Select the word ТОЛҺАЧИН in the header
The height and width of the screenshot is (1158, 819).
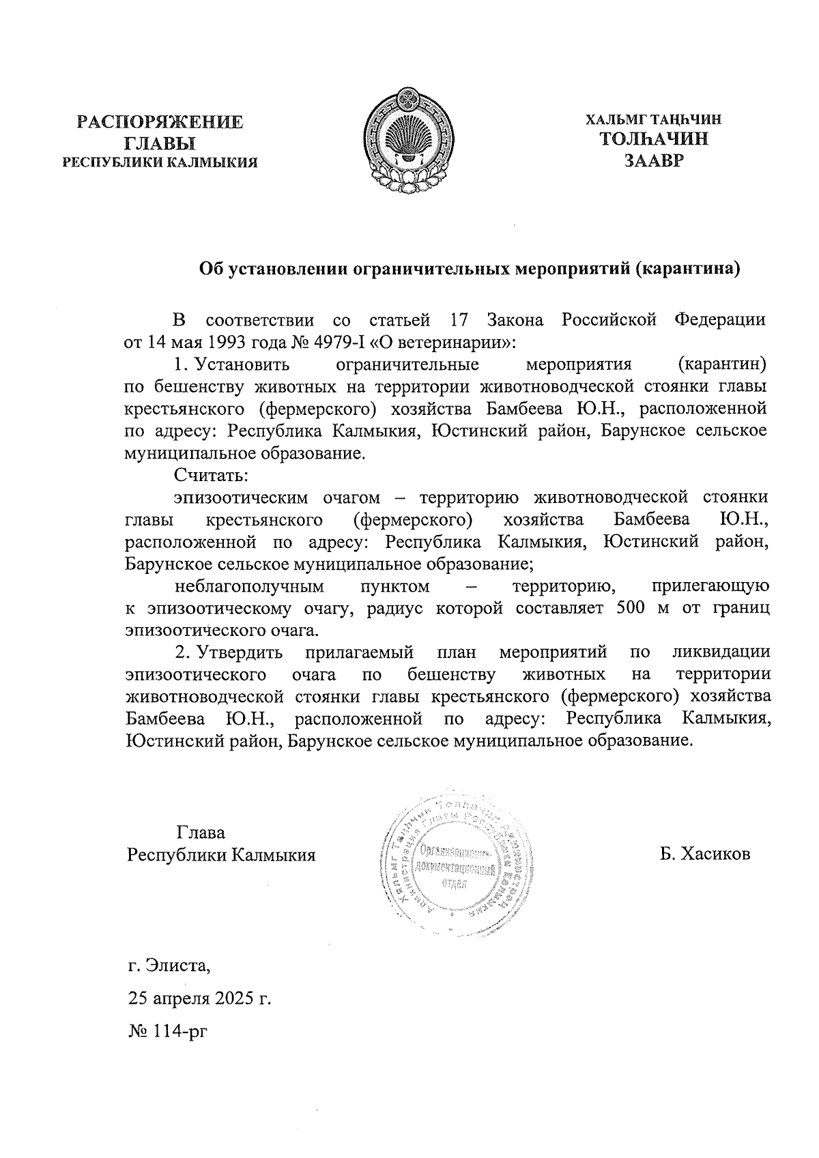[653, 139]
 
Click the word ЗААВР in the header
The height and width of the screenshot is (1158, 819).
[653, 161]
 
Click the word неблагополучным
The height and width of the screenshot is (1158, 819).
[249, 586]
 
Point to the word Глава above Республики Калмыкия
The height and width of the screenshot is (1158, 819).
[201, 833]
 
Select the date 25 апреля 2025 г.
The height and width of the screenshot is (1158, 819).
[199, 999]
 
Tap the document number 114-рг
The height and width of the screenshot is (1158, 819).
[179, 1032]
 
